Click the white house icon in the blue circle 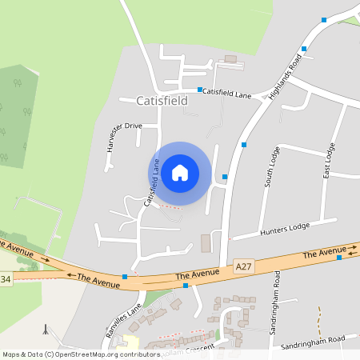click(180, 173)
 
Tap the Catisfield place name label click(162, 102)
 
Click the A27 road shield click(243, 265)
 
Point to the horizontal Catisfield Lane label click(226, 94)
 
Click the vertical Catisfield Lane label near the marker click(150, 184)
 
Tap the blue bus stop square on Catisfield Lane click(199, 89)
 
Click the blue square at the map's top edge click(324, 18)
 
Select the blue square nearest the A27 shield click(186, 285)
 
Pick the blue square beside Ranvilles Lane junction click(125, 277)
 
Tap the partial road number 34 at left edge click(6, 279)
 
